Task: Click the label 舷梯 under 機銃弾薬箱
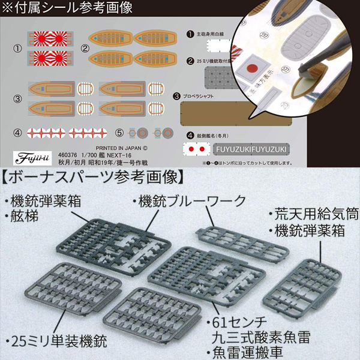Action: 26,214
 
